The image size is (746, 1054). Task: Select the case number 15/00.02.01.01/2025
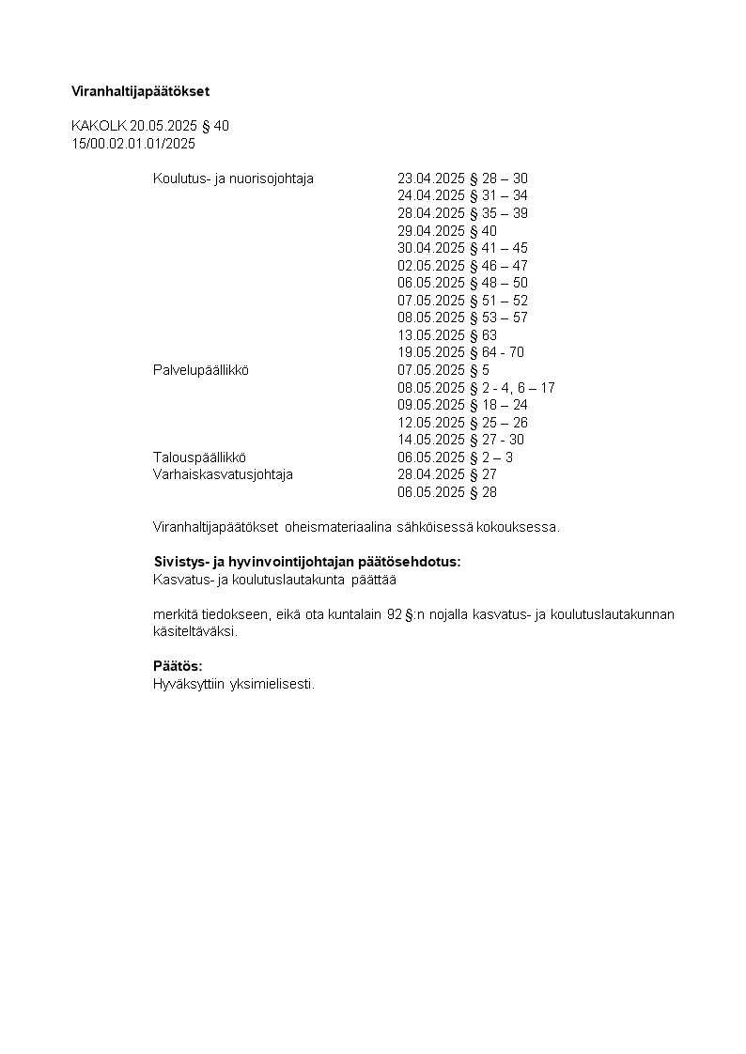pyautogui.click(x=133, y=144)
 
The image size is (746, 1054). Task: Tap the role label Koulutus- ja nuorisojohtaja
pyautogui.click(x=233, y=178)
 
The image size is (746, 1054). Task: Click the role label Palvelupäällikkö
pyautogui.click(x=200, y=370)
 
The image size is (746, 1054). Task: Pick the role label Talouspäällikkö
pyautogui.click(x=199, y=457)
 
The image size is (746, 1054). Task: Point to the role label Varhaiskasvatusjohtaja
pyautogui.click(x=223, y=474)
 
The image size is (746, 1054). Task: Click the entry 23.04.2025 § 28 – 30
pyautogui.click(x=462, y=178)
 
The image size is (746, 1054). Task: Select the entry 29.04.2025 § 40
pyautogui.click(x=447, y=231)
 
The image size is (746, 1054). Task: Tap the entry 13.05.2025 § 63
pyautogui.click(x=447, y=335)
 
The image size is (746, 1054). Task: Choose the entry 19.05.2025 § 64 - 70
pyautogui.click(x=460, y=352)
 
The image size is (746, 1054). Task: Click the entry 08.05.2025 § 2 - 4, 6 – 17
pyautogui.click(x=476, y=388)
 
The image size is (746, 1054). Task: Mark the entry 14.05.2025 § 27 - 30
pyautogui.click(x=460, y=440)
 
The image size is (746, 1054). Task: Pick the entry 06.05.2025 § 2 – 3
pyautogui.click(x=455, y=457)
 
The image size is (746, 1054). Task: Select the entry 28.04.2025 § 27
pyautogui.click(x=447, y=474)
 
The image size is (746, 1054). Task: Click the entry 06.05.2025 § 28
pyautogui.click(x=447, y=492)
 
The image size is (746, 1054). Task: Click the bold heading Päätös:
pyautogui.click(x=178, y=666)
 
